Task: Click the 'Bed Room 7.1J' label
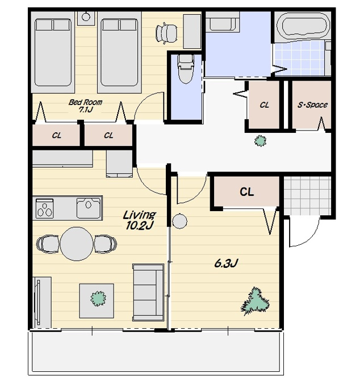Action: click(x=85, y=106)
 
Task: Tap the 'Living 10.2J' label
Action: click(x=139, y=220)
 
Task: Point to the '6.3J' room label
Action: click(x=226, y=263)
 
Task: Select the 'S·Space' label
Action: click(x=312, y=105)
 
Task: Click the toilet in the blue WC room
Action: click(x=186, y=69)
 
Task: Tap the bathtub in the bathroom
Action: click(x=303, y=26)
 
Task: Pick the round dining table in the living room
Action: click(x=77, y=244)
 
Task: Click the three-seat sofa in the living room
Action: click(x=148, y=292)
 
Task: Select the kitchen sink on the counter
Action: click(x=89, y=208)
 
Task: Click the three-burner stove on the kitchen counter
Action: click(x=44, y=209)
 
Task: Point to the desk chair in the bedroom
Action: click(x=166, y=33)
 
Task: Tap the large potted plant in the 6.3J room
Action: click(x=255, y=301)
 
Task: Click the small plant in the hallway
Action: click(x=260, y=141)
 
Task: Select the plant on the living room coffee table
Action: click(x=98, y=299)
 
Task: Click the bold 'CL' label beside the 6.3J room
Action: click(x=247, y=191)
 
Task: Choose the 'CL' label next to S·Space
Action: click(x=264, y=105)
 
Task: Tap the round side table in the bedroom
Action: click(x=86, y=16)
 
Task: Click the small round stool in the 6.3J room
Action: click(x=179, y=221)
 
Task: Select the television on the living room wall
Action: click(x=38, y=303)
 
